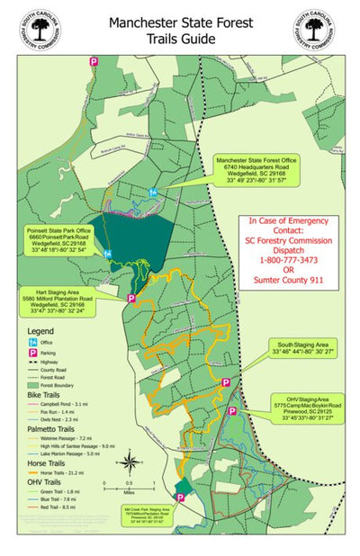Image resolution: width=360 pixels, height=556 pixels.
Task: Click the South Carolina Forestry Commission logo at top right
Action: pyautogui.click(x=314, y=30)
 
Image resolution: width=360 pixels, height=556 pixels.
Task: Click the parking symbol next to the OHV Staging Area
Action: pyautogui.click(x=232, y=411)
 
